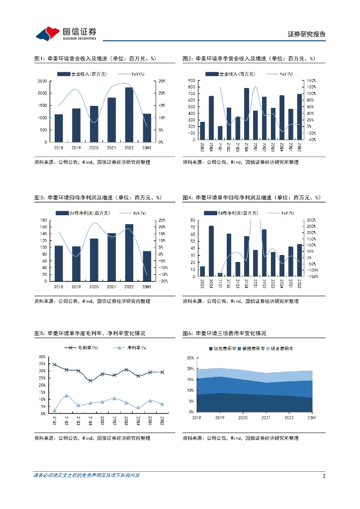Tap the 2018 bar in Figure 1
59,128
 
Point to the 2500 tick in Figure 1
42,81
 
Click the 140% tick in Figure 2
312,80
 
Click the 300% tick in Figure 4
312,220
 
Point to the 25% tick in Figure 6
190,358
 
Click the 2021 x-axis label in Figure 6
266,418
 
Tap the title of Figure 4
252,197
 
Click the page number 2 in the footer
324,476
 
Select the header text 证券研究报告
307,34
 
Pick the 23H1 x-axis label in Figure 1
147,147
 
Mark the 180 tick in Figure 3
43,220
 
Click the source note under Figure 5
92,438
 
